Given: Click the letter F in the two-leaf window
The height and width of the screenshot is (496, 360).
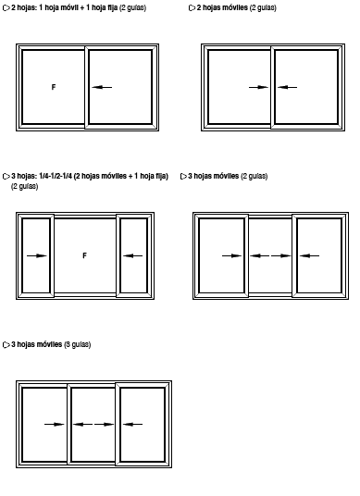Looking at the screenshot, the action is pos(54,87).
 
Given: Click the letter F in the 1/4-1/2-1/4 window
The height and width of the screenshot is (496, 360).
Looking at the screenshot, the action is pos(84,255).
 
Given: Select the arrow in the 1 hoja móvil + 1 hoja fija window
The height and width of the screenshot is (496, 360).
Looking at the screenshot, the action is pos(102,87).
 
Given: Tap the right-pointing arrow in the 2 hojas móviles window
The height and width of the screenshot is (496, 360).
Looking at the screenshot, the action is pos(258,87).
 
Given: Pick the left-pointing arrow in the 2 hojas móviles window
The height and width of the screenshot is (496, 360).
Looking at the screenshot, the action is pos(287,87).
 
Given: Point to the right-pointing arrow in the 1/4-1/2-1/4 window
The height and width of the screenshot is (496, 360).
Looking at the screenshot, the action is pos(37,255).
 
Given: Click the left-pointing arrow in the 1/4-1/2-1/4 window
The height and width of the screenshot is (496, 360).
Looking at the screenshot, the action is pos(133,255).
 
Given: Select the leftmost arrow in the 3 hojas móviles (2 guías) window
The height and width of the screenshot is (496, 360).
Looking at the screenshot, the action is pos(232,255).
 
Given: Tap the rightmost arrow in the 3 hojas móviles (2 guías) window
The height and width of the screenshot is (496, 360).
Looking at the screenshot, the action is pos(309,255).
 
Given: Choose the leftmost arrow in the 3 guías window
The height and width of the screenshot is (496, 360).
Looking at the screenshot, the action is pos(54,424).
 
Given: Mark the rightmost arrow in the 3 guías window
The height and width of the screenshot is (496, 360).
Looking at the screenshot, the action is pos(132,424).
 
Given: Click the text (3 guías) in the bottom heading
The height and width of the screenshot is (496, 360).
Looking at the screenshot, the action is pos(78,344).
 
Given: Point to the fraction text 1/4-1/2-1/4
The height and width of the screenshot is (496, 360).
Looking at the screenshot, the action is pos(56,176).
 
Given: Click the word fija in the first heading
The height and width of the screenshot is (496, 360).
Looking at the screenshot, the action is pos(113,7).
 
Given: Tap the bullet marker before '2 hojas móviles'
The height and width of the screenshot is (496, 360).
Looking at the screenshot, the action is pos(192,8).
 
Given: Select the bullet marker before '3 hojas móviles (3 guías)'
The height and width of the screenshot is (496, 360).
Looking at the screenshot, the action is pos(6,345).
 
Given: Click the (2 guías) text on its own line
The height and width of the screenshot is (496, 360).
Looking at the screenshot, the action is pos(25,186).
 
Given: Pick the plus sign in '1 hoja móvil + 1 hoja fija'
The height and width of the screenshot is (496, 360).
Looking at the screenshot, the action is pos(82,8).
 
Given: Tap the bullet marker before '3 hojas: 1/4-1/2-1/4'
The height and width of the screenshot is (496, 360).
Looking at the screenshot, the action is pos(6,177).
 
